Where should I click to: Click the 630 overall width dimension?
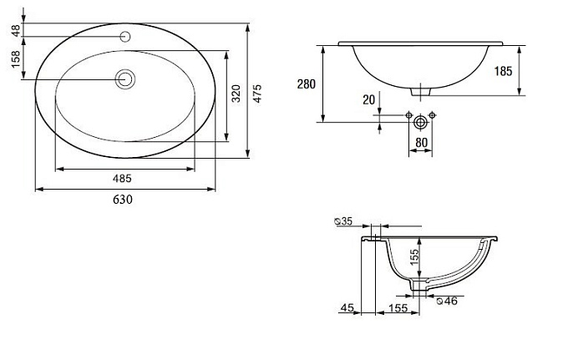pyautogui.click(x=123, y=200)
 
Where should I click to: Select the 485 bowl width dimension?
pyautogui.click(x=122, y=179)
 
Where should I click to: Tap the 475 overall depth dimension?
pyautogui.click(x=256, y=94)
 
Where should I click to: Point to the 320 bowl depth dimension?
pyautogui.click(x=236, y=94)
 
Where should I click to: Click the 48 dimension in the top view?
pyautogui.click(x=16, y=30)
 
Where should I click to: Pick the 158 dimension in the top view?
pyautogui.click(x=16, y=59)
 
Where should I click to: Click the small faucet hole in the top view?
pyautogui.click(x=125, y=37)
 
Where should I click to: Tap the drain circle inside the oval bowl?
pyautogui.click(x=125, y=79)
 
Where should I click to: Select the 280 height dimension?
pyautogui.click(x=307, y=84)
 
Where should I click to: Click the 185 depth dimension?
pyautogui.click(x=503, y=71)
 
